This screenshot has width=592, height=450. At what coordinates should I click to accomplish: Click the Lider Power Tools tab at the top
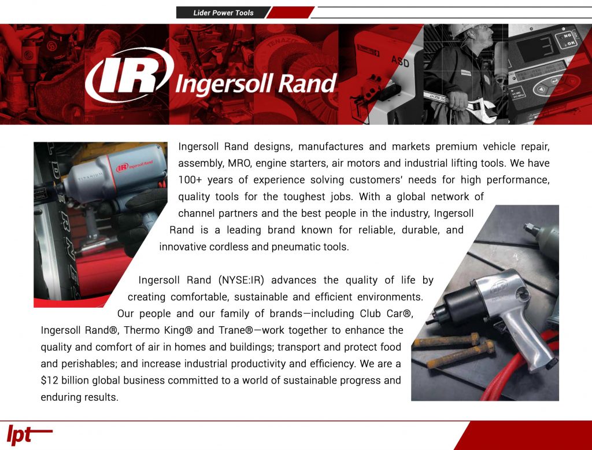tap(223, 13)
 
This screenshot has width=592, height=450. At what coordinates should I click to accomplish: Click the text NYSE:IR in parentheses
tap(241, 281)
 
